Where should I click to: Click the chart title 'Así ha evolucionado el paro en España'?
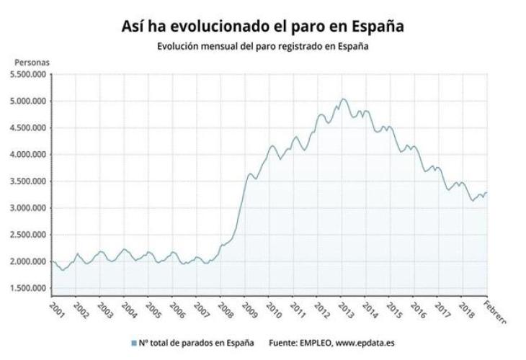[x=263, y=26]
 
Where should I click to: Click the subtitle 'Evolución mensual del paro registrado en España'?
[x=263, y=46]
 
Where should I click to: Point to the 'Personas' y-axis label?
[x=31, y=63]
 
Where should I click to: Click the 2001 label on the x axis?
[x=56, y=309]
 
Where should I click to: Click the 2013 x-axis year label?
[x=347, y=309]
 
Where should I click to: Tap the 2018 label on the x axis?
[x=468, y=309]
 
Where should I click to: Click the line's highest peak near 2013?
[x=343, y=99]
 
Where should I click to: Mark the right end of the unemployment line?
[x=487, y=192]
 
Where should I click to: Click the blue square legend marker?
[x=134, y=343]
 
